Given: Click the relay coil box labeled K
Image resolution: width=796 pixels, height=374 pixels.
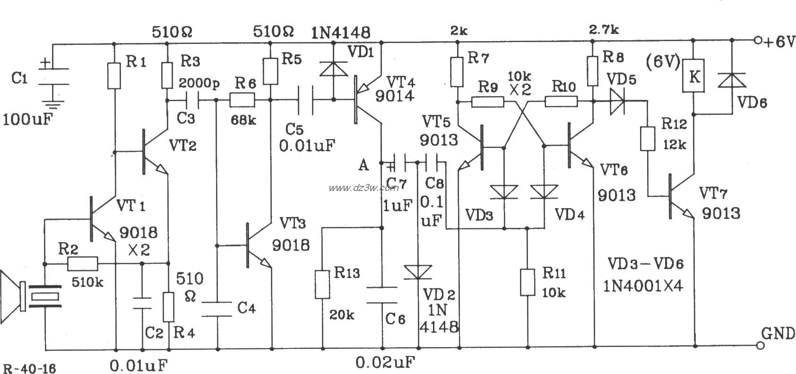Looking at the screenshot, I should click(x=693, y=78).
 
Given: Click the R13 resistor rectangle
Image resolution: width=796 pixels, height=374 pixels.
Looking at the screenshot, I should click(x=322, y=284).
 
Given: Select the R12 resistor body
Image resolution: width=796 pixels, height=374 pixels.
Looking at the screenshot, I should click(x=648, y=138).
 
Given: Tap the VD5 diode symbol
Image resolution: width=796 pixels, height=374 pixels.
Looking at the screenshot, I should click(x=616, y=101).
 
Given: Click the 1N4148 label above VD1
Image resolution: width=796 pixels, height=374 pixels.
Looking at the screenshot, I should click(x=341, y=32).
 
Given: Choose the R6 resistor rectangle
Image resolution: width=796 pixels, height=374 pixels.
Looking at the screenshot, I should click(x=242, y=100).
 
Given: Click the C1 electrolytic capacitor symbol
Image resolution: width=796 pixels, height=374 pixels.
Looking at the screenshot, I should click(x=52, y=78).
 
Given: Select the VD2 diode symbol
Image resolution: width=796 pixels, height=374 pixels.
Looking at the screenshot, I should click(x=418, y=273).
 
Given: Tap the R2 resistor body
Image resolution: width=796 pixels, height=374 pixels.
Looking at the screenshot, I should click(x=83, y=264).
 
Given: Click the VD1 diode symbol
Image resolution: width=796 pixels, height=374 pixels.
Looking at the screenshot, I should click(x=333, y=68).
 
